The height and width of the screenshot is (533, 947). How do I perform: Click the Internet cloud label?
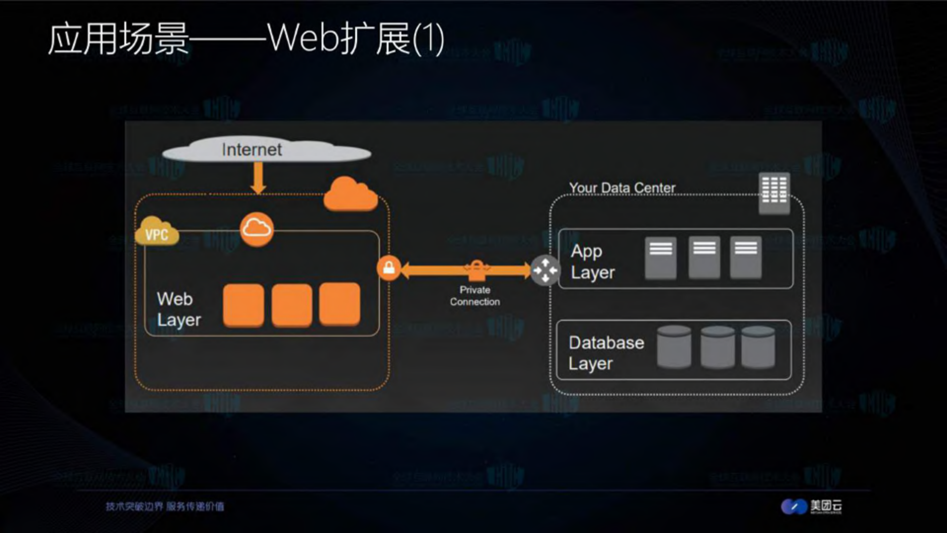click(x=252, y=150)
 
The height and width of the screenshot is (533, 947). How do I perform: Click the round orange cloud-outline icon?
click(x=257, y=229)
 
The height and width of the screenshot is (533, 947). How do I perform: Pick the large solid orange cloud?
click(x=350, y=195)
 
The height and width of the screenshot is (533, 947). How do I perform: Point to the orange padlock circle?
click(x=389, y=268)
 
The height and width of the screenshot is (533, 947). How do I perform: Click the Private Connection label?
click(x=475, y=296)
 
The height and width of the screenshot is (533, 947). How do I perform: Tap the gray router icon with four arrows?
click(x=545, y=270)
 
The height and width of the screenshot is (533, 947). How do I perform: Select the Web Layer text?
click(x=179, y=309)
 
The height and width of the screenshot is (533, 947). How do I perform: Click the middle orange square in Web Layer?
click(x=292, y=305)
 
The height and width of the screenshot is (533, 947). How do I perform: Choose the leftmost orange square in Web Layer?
click(x=243, y=305)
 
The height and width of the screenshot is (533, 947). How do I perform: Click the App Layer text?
click(x=593, y=262)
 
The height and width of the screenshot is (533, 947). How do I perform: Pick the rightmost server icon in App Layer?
click(x=746, y=257)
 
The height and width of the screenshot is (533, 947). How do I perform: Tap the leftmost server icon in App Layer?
click(x=661, y=257)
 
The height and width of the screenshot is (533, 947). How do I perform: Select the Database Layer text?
click(x=606, y=352)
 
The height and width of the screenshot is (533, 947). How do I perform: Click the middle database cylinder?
click(x=717, y=347)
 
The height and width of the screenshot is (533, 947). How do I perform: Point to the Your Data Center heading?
click(x=622, y=188)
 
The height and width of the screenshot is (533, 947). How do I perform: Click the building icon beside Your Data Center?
click(x=774, y=193)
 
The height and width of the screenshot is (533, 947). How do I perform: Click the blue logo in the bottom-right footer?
click(x=794, y=506)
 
